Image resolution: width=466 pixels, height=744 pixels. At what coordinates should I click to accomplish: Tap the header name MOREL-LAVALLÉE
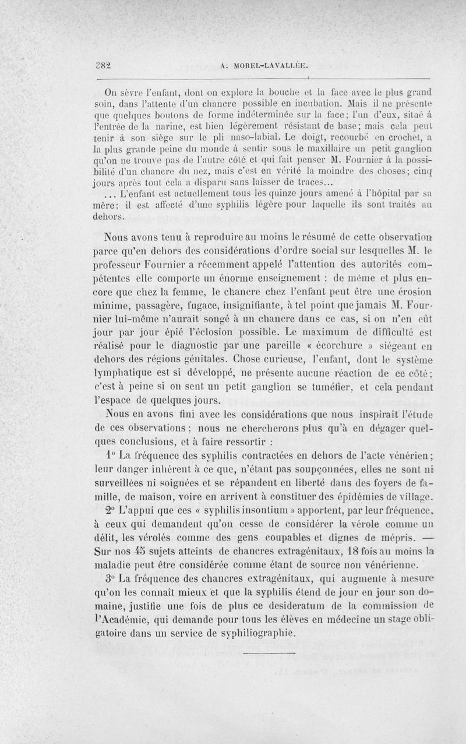click(x=267, y=65)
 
